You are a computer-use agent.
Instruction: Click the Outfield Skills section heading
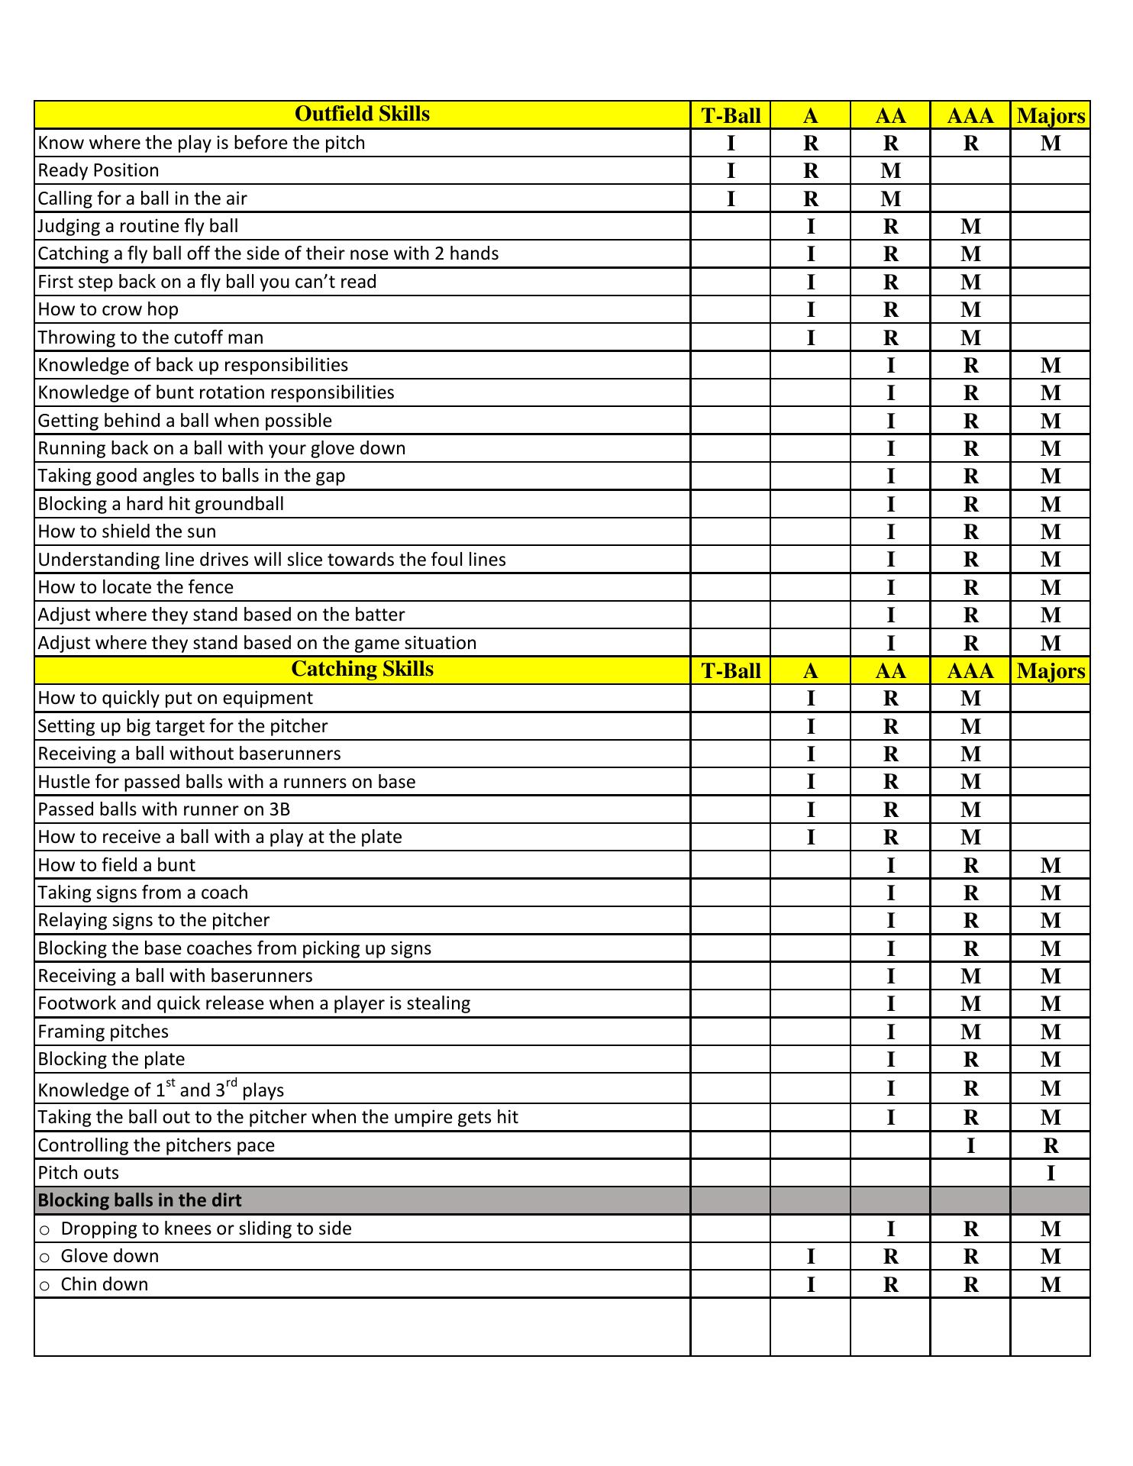pos(362,115)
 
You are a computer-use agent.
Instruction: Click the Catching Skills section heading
pos(362,670)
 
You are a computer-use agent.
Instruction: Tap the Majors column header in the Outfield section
pos(1051,116)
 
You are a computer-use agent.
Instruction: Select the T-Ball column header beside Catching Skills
pos(731,671)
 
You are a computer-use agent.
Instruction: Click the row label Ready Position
pos(98,170)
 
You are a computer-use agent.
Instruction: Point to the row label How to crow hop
pos(108,309)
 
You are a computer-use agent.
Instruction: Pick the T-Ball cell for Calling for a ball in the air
pos(731,199)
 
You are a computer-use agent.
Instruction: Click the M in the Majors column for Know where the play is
pos(1051,144)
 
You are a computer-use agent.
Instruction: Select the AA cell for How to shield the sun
pos(890,531)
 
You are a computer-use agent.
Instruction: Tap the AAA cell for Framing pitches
pos(970,1032)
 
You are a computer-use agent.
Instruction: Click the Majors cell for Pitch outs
pos(1051,1174)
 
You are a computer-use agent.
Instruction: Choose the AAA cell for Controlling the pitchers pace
pos(970,1145)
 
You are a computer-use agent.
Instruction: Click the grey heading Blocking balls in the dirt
pos(140,1200)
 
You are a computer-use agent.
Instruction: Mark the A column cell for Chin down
pos(811,1285)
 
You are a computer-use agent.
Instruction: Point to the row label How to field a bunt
pos(116,865)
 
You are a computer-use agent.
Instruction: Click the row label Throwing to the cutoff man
pos(150,337)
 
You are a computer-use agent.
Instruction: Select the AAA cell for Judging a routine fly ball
pos(970,227)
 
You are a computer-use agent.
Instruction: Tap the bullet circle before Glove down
pos(45,1258)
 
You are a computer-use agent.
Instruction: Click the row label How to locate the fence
pos(135,587)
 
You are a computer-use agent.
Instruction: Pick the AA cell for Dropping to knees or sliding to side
pos(890,1229)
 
